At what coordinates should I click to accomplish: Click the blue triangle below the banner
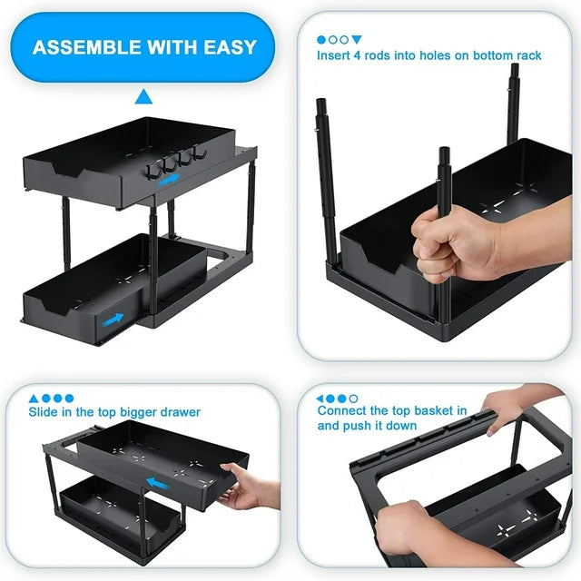point(143,96)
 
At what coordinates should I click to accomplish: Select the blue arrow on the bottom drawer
point(113,319)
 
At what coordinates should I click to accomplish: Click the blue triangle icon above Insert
point(357,40)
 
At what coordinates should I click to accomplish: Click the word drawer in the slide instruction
point(178,412)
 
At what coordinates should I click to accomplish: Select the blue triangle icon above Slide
point(34,398)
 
